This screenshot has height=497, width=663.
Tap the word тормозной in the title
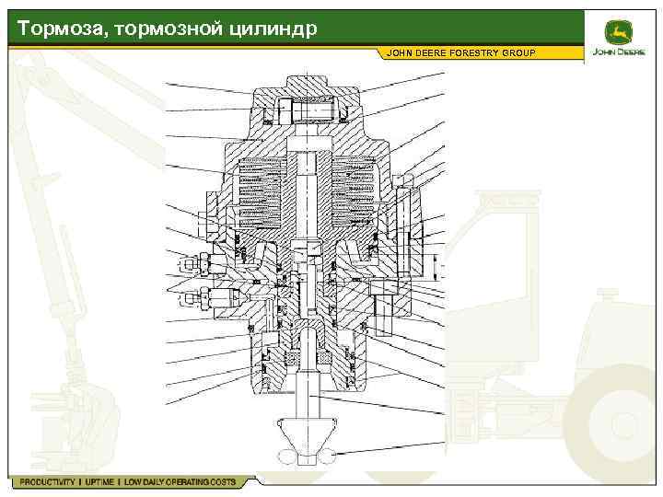pyautogui.click(x=163, y=29)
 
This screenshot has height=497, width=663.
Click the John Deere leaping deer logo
pyautogui.click(x=616, y=31)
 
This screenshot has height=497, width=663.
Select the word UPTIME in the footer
pyautogui.click(x=98, y=482)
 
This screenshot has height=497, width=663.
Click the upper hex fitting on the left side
pyautogui.click(x=188, y=265)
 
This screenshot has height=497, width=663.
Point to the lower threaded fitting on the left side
pyautogui.click(x=198, y=296)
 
